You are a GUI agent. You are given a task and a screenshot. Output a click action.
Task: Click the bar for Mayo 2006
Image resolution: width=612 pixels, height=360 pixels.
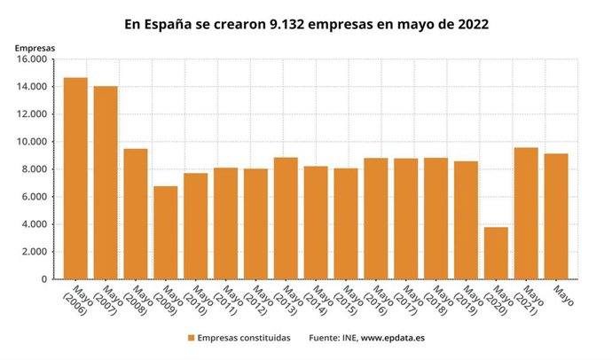pos(75,178)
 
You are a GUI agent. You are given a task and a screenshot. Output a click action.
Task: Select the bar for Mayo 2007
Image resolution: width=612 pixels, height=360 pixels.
pos(106,183)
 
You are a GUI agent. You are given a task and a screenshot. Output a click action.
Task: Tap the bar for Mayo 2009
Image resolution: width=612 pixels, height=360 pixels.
pos(166,232)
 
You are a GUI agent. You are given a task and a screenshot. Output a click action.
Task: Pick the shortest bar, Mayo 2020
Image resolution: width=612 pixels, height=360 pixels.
pos(497,253)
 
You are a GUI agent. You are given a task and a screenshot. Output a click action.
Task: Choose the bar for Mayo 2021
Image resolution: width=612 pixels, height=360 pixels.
pos(527,213)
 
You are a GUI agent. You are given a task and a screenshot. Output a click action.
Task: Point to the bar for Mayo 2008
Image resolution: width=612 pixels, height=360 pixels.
pos(136,214)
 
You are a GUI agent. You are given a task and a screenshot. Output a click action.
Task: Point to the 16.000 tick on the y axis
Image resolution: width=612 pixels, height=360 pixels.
pos(30,59)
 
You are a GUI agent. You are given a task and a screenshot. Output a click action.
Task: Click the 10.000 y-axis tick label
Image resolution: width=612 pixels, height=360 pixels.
pos(30,142)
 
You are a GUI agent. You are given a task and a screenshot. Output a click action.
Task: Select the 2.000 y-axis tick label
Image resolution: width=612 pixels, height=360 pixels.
pos(33,252)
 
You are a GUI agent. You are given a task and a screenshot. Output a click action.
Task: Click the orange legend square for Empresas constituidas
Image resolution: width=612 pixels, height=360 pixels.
pos(191,338)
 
